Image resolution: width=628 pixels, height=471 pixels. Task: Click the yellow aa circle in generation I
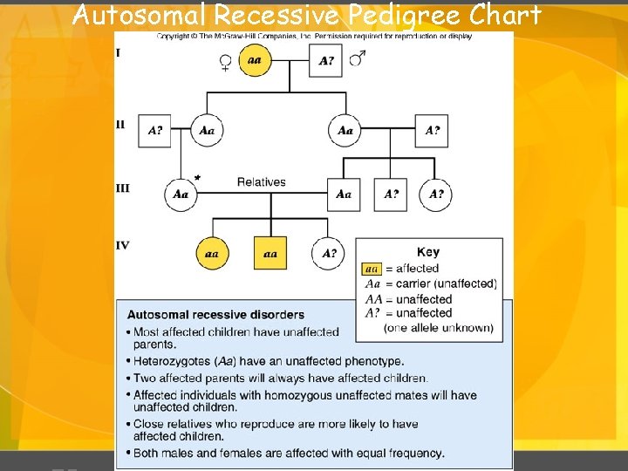tap(255, 60)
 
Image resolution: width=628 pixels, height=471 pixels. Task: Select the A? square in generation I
tap(326, 61)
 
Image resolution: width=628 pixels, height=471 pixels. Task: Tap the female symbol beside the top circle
tap(225, 63)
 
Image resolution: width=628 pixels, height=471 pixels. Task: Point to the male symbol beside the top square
tap(357, 58)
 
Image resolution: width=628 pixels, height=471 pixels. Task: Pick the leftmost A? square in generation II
tap(154, 131)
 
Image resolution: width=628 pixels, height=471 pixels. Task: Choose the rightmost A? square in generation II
tap(433, 131)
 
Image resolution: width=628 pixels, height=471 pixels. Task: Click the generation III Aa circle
tap(181, 194)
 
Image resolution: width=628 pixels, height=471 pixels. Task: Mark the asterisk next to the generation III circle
tap(198, 178)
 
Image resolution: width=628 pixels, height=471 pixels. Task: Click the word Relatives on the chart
tap(261, 182)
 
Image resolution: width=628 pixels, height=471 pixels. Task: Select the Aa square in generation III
tap(344, 194)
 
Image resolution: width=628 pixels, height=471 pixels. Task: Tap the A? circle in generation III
tap(436, 194)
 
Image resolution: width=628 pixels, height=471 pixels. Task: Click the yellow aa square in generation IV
tap(270, 254)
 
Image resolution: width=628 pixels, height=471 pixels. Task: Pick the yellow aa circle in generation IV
tap(211, 254)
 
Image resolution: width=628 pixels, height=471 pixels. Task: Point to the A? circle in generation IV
tap(329, 254)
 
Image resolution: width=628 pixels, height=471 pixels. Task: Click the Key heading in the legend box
tap(428, 252)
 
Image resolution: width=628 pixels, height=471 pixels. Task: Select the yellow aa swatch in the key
tap(372, 269)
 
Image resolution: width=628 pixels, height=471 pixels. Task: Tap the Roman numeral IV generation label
tap(122, 246)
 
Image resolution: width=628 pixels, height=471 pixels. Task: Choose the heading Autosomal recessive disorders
tap(215, 315)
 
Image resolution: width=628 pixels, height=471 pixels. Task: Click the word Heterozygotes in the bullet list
tap(174, 361)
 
